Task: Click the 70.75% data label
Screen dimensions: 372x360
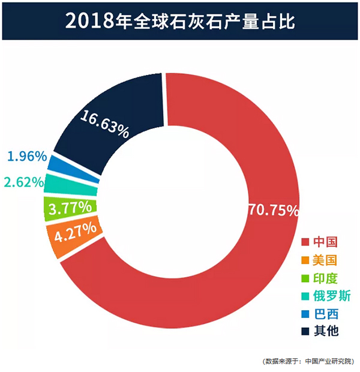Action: click(x=272, y=211)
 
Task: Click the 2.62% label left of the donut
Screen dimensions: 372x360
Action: click(x=23, y=181)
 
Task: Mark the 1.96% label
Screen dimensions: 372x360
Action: click(x=27, y=157)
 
